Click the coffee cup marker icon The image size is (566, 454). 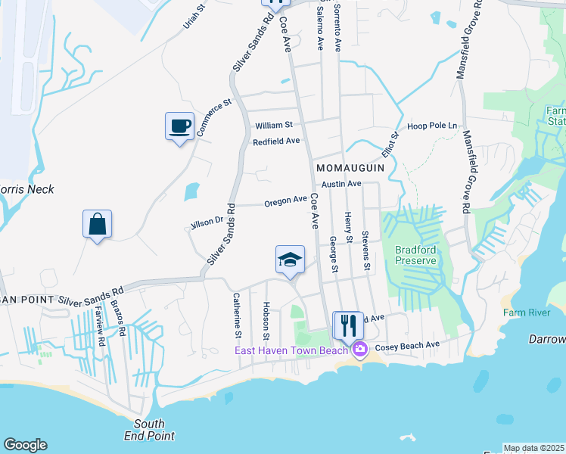(179, 126)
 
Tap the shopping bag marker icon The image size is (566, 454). (98, 224)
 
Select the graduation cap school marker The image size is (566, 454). (290, 260)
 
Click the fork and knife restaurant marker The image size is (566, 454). (348, 325)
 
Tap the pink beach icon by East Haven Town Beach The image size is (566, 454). (359, 349)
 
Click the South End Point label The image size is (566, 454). (149, 430)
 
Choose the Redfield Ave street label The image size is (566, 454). (277, 141)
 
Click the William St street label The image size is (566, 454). (274, 125)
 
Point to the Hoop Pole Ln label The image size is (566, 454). (434, 125)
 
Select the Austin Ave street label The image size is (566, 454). (341, 184)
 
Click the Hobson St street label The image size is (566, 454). (266, 321)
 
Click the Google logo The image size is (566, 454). (25, 445)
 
